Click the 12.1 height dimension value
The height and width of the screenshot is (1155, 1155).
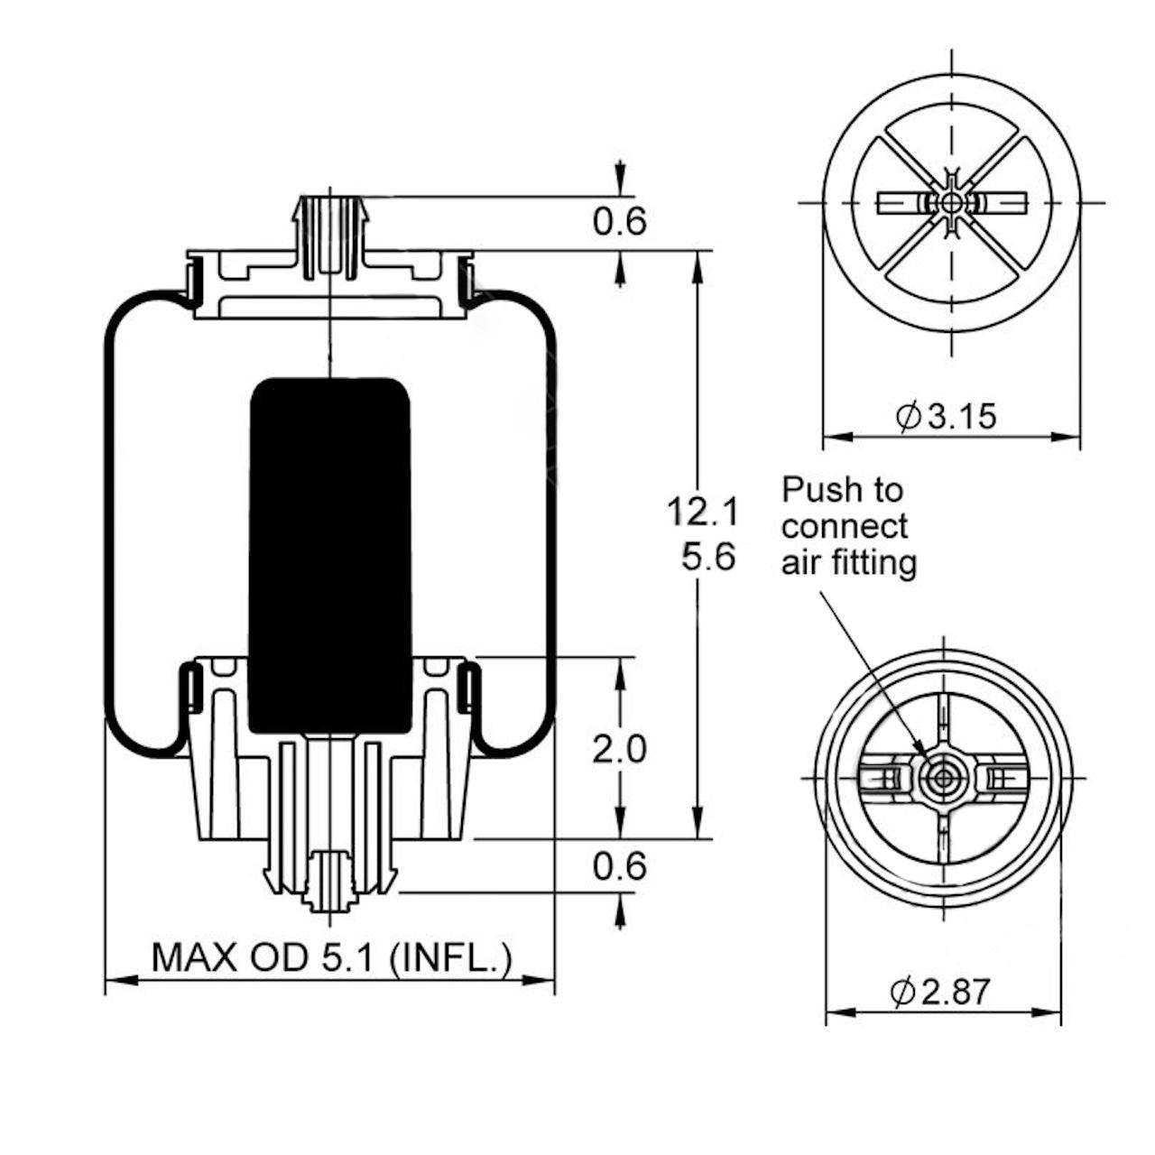point(702,513)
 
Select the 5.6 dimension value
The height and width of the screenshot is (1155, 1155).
point(708,558)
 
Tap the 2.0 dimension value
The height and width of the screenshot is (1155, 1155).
point(619,749)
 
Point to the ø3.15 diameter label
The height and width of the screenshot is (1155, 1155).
point(947,415)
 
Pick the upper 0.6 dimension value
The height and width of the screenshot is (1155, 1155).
point(620,222)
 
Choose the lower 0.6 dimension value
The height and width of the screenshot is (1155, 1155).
point(620,866)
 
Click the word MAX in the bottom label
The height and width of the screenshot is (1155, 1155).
point(194,957)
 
